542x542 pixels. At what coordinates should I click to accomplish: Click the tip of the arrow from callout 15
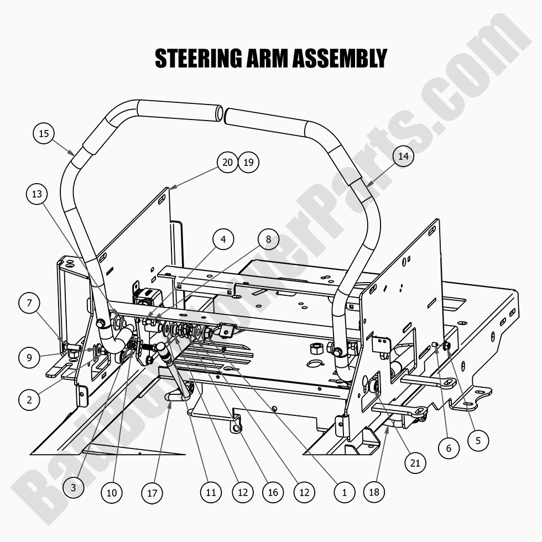point(74,155)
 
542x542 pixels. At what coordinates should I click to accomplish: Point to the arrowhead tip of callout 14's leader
point(366,187)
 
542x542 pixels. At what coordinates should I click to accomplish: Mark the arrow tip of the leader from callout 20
point(170,189)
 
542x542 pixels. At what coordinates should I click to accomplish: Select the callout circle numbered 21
point(415,463)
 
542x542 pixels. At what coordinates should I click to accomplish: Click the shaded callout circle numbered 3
point(73,487)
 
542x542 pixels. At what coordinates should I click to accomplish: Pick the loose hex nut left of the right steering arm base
point(316,348)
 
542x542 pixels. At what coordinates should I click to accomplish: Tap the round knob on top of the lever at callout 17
point(161,346)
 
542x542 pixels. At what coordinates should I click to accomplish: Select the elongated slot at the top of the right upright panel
point(432,230)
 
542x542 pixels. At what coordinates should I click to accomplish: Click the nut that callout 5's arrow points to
point(447,345)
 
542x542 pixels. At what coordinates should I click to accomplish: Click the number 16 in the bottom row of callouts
point(273,492)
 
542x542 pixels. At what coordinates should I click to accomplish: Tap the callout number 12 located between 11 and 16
point(243,492)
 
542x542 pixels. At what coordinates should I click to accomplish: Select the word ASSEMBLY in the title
point(340,58)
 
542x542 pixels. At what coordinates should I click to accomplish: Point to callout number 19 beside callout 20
point(248,162)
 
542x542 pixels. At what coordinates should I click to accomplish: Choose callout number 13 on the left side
point(37,194)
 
